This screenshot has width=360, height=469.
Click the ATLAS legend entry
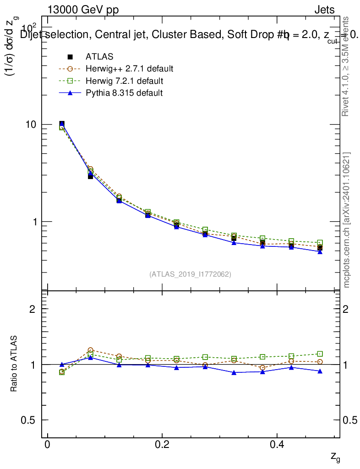(x=99, y=57)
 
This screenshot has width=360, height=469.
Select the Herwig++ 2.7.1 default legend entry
(x=129, y=69)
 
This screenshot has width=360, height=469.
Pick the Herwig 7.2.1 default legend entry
(x=124, y=81)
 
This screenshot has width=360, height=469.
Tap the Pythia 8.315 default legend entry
(x=124, y=93)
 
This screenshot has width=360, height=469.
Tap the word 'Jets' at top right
(x=324, y=10)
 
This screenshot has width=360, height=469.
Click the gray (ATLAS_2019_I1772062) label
(x=190, y=274)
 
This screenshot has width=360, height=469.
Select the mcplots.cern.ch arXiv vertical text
(x=347, y=220)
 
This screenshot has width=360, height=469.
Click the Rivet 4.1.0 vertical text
(x=346, y=66)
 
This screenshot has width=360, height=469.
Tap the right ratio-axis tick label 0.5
(x=351, y=420)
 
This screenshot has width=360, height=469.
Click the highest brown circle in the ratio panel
(x=90, y=350)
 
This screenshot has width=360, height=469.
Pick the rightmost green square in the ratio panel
(x=320, y=354)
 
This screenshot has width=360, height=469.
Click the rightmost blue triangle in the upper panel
(x=320, y=251)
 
